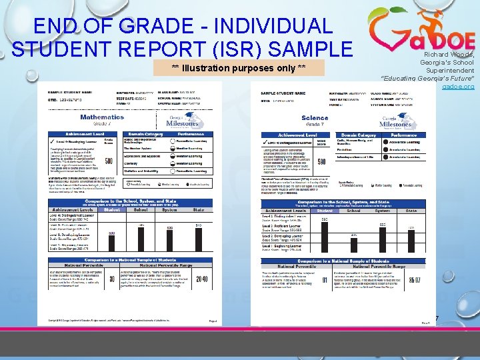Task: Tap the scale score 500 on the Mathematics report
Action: point(108,161)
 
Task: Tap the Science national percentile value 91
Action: point(324,280)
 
